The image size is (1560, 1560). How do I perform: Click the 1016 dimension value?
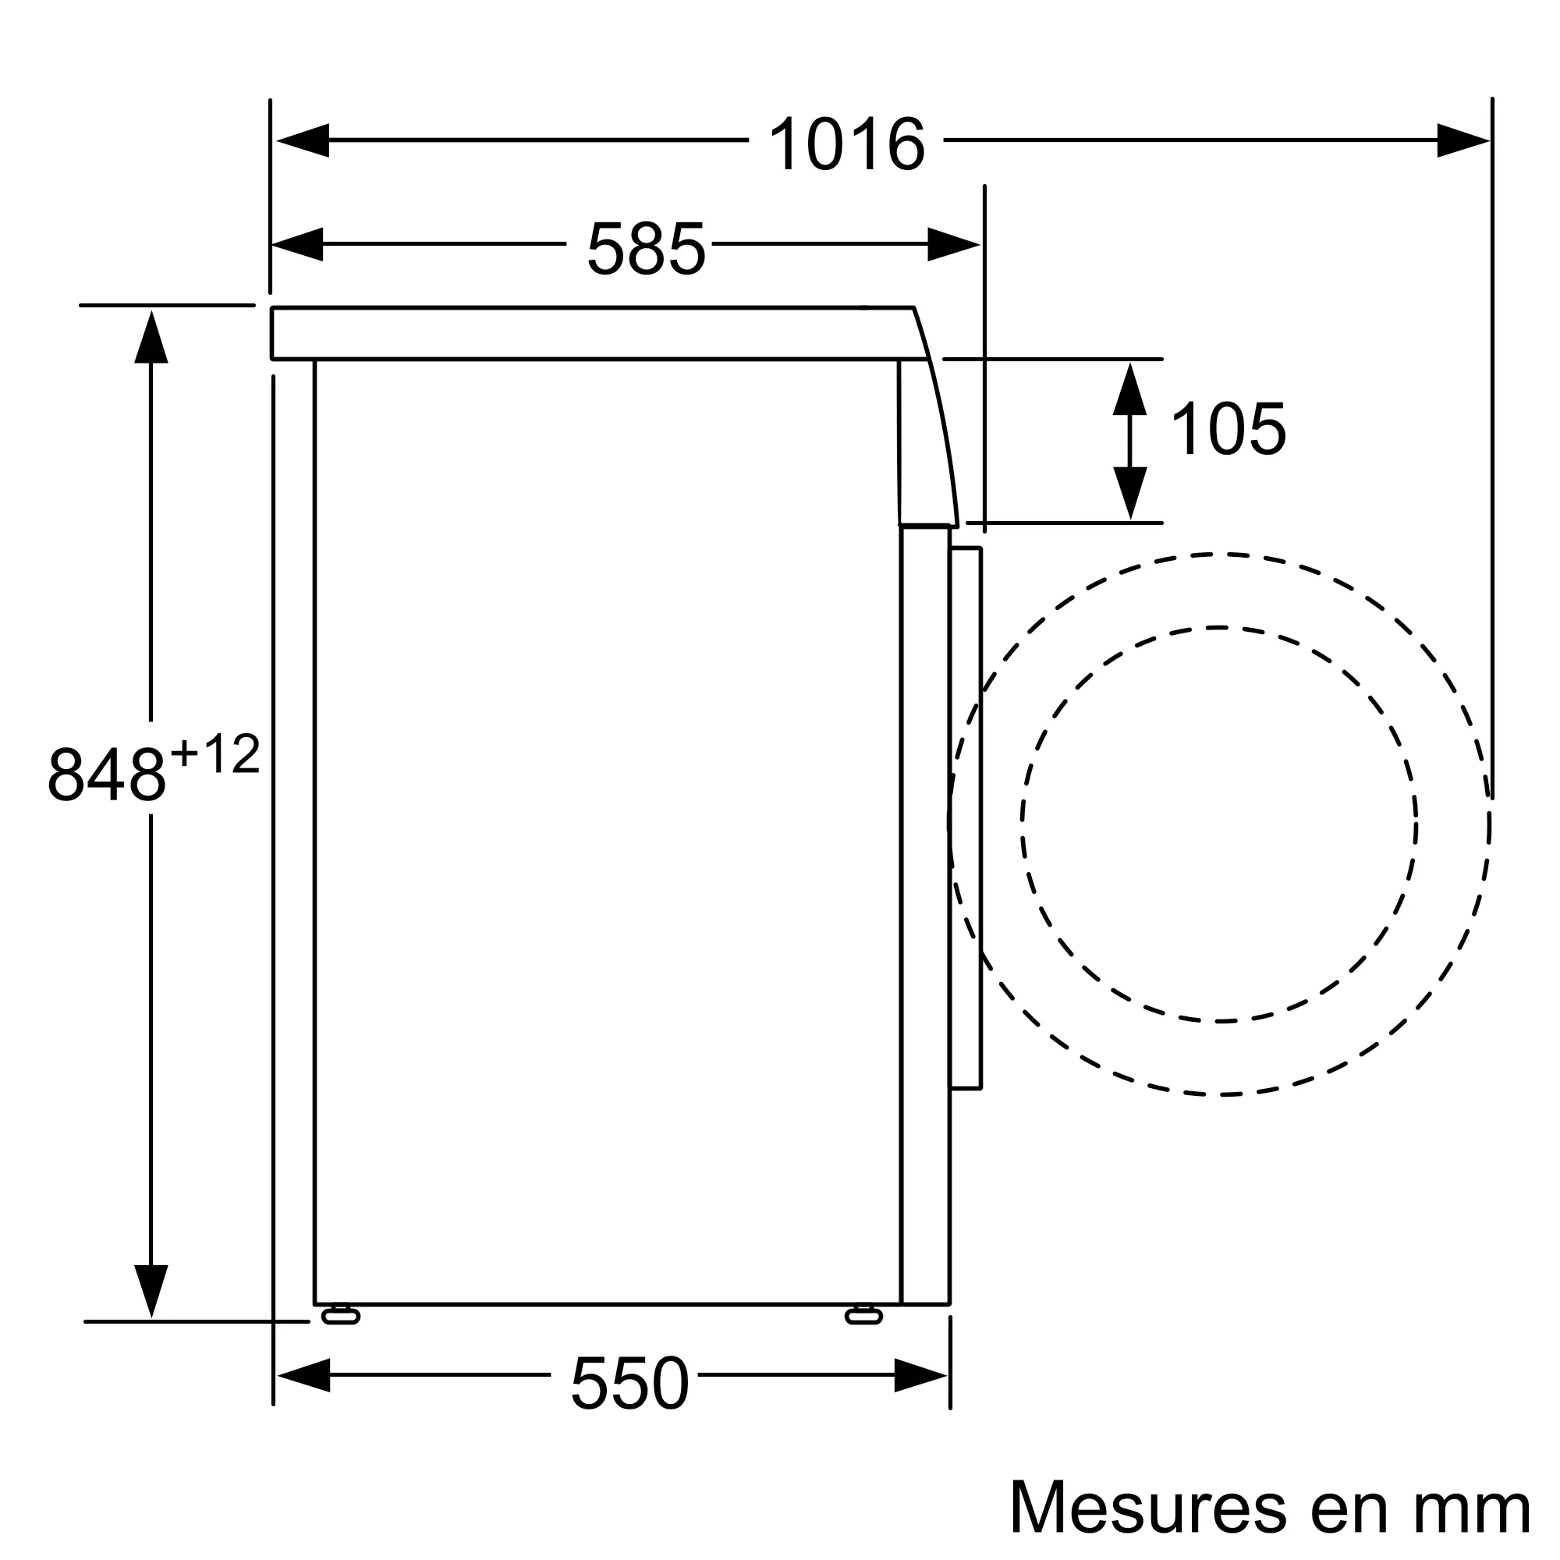(x=846, y=144)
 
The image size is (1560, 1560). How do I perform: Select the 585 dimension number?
(x=646, y=248)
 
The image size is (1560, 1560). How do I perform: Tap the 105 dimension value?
(x=1227, y=429)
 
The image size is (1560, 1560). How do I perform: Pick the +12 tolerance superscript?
(x=215, y=754)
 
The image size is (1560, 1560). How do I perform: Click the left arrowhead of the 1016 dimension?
(x=302, y=140)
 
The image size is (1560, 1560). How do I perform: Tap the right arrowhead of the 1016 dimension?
(x=1463, y=140)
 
